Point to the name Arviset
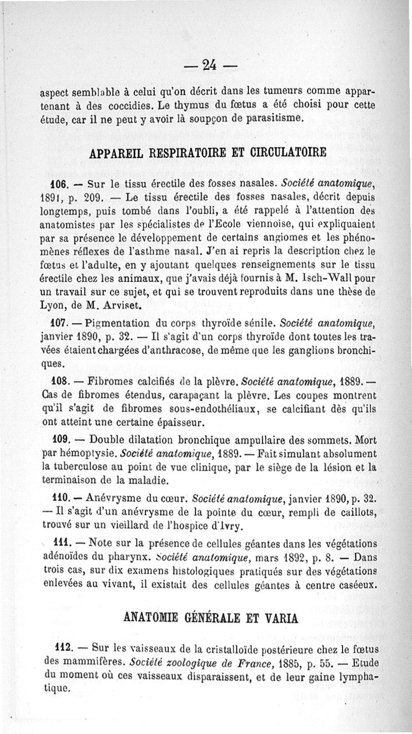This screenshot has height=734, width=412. pyautogui.click(x=121, y=306)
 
